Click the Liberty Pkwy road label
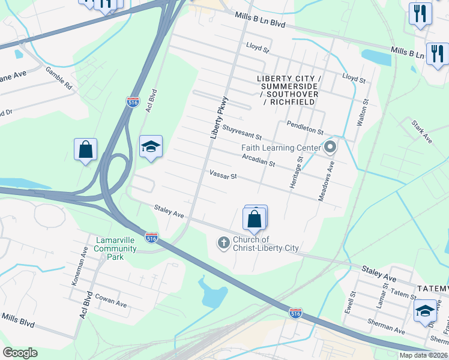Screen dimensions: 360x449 click(220, 118)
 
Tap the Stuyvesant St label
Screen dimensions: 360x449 click(242, 132)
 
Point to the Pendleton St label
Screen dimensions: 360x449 click(305, 128)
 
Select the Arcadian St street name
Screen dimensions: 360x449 click(258, 160)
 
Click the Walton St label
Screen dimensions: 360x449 click(361, 112)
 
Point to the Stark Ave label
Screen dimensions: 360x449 click(422, 131)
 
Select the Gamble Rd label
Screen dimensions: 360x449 click(59, 78)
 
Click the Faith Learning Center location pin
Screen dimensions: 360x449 click(329, 147)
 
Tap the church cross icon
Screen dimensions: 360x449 click(223, 243)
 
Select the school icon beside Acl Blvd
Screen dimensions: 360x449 click(151, 146)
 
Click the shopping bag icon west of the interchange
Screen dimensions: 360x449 click(86, 149)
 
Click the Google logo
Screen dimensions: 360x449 click(20, 353)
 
